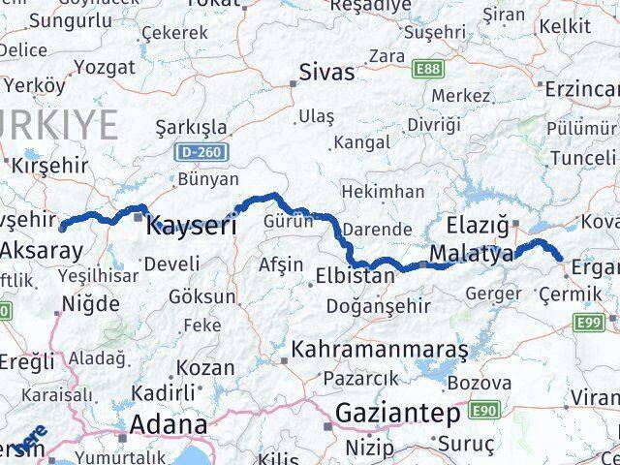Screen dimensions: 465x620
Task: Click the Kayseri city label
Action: [x=191, y=228]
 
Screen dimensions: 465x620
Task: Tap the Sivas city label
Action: [x=326, y=72]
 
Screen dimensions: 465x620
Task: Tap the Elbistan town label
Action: [x=356, y=276]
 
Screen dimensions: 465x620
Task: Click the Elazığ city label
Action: [x=478, y=226]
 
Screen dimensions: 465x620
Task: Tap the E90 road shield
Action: [x=483, y=412]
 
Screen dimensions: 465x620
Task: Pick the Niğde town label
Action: [x=90, y=302]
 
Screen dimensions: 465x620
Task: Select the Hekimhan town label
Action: [x=384, y=192]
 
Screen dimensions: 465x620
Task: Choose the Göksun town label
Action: [x=201, y=296]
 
